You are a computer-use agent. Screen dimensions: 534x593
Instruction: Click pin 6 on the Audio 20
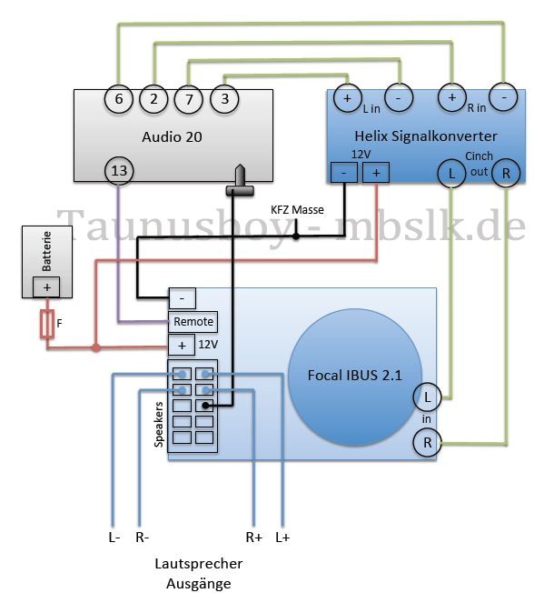click(x=119, y=99)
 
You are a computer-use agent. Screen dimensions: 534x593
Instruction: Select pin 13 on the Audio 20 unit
click(x=119, y=171)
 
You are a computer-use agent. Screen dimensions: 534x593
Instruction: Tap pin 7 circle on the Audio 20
click(x=189, y=99)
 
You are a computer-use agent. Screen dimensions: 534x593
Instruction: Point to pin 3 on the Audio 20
click(x=224, y=99)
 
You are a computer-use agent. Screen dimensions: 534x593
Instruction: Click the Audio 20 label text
click(x=172, y=136)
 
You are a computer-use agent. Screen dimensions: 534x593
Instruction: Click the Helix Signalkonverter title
click(x=426, y=136)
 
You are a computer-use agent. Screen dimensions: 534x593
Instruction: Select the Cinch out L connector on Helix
click(x=451, y=174)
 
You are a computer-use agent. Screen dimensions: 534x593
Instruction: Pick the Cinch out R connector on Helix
click(x=506, y=173)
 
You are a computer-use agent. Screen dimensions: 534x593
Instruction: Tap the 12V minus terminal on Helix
click(x=343, y=173)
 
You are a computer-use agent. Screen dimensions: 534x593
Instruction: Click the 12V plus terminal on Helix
click(x=376, y=173)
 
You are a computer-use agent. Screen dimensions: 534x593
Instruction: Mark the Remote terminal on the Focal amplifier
click(x=193, y=322)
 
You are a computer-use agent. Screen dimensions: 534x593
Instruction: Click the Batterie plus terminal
click(x=46, y=287)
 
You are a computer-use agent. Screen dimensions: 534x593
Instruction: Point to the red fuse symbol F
click(x=47, y=324)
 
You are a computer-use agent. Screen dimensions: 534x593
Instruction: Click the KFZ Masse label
click(x=297, y=209)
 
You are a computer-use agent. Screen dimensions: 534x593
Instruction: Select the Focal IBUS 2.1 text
click(x=355, y=375)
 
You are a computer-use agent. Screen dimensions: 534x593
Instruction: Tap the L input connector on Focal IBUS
click(x=427, y=397)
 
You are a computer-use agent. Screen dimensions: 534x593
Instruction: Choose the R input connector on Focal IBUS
click(x=427, y=443)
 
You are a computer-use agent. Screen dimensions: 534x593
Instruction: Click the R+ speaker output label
click(x=253, y=537)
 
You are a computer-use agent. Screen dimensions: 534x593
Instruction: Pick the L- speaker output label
click(x=114, y=537)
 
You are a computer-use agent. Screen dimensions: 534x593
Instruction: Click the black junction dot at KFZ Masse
click(x=296, y=236)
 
